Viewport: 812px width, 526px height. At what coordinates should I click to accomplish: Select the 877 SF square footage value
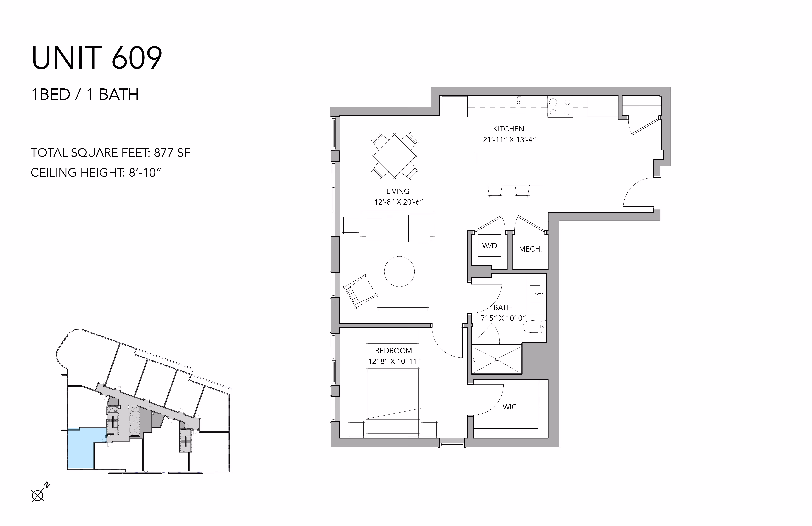(x=172, y=153)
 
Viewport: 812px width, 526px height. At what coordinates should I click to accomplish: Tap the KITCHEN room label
(x=508, y=129)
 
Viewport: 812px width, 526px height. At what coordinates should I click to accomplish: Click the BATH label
(x=502, y=307)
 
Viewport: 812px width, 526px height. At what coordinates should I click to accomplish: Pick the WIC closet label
(x=510, y=407)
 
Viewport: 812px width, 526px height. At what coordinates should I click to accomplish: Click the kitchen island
(x=509, y=168)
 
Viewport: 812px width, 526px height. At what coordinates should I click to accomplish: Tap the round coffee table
(x=399, y=272)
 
